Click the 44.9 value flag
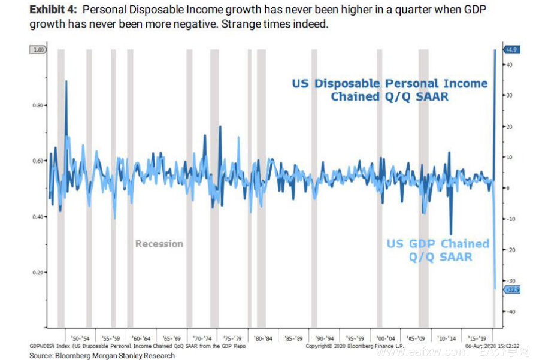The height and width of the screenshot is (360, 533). click(x=513, y=50)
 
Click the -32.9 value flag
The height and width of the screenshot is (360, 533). click(x=513, y=290)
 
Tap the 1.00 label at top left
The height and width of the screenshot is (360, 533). click(x=38, y=50)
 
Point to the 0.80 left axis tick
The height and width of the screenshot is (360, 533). click(x=38, y=105)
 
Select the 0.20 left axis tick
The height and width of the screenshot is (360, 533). click(x=38, y=272)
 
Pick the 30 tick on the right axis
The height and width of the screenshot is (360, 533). click(x=509, y=95)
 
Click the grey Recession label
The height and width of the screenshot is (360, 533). click(x=159, y=244)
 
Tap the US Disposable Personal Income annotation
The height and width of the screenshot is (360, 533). click(x=390, y=90)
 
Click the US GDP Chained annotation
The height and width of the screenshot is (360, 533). click(x=438, y=250)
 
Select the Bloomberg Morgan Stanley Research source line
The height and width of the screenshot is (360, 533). click(x=102, y=355)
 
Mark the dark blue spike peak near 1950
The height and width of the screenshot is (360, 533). click(x=66, y=81)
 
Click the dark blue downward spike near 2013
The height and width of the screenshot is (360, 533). click(x=451, y=234)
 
